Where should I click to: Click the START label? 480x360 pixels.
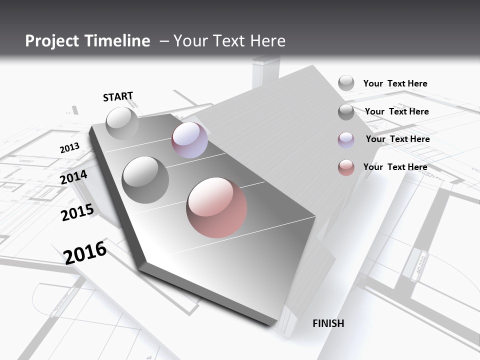tap(118, 96)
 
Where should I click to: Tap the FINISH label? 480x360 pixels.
tap(328, 323)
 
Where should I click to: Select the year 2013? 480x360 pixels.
tap(69, 148)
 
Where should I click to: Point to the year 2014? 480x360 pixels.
tap(74, 177)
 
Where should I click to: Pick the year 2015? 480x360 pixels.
tap(77, 212)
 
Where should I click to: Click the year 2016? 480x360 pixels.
tap(85, 252)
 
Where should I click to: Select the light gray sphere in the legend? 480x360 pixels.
tap(346, 83)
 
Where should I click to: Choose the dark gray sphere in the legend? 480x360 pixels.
tap(346, 112)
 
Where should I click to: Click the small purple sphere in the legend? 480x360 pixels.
tap(346, 140)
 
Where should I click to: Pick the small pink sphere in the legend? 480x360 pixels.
tap(346, 168)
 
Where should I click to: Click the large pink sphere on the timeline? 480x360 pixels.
tap(216, 207)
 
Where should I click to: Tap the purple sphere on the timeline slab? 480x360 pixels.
tap(189, 140)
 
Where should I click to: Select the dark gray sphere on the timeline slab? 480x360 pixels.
tap(145, 179)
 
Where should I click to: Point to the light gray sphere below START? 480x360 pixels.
tap(122, 123)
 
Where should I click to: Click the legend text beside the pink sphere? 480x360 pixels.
tap(395, 167)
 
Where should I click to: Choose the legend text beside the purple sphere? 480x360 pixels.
tap(397, 139)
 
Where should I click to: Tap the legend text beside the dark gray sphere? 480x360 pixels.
tap(397, 111)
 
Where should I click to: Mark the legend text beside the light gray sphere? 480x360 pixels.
tap(395, 83)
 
